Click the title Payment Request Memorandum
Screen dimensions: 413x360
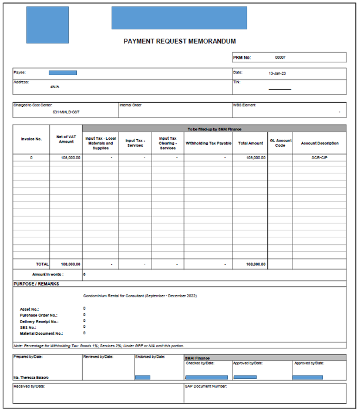180,41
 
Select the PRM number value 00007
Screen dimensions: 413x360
281,58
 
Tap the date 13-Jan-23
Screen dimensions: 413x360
277,73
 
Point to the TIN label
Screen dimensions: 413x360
237,83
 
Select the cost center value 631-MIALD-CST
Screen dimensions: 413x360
66,112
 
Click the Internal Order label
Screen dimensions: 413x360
130,106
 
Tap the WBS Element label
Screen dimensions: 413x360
244,106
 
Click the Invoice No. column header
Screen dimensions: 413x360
31,139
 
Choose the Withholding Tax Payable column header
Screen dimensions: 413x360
208,143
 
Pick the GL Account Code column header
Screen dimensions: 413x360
280,143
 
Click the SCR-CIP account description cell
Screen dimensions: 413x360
319,158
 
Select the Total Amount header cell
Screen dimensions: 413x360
250,143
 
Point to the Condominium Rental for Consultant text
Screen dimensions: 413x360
140,296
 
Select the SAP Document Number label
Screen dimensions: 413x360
206,386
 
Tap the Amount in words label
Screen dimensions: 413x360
48,274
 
